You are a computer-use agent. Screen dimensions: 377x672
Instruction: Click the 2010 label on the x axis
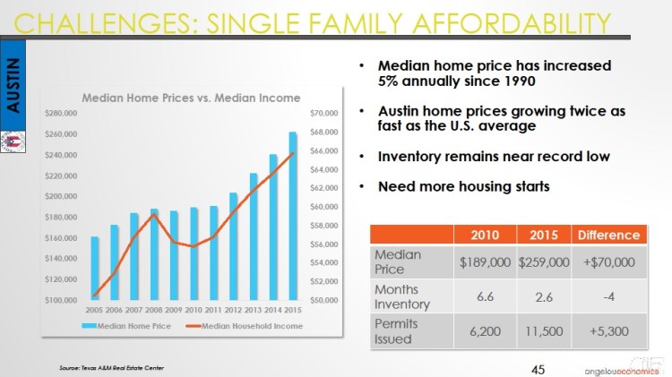click(194, 309)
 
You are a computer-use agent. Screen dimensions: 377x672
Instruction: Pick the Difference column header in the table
click(607, 235)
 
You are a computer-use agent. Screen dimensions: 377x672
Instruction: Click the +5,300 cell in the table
click(607, 331)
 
